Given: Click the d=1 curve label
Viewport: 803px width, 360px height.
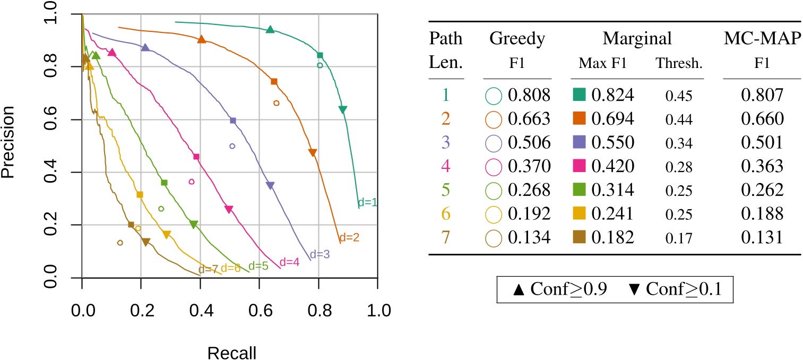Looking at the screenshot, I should click(x=367, y=202).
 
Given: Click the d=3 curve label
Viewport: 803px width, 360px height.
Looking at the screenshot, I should click(x=320, y=254).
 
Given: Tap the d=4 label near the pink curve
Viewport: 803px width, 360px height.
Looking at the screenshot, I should click(x=289, y=262).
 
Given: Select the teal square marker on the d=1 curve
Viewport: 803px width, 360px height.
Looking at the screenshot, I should click(x=320, y=55).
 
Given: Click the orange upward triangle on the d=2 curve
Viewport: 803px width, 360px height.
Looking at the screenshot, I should click(x=202, y=39).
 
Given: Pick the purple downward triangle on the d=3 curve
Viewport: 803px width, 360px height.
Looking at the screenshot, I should click(x=270, y=186).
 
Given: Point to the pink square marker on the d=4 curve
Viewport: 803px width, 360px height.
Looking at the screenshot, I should click(x=196, y=157).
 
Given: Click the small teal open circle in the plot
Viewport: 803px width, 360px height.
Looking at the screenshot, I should click(x=320, y=66).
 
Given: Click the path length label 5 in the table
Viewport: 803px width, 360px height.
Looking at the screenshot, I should click(x=445, y=190).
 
